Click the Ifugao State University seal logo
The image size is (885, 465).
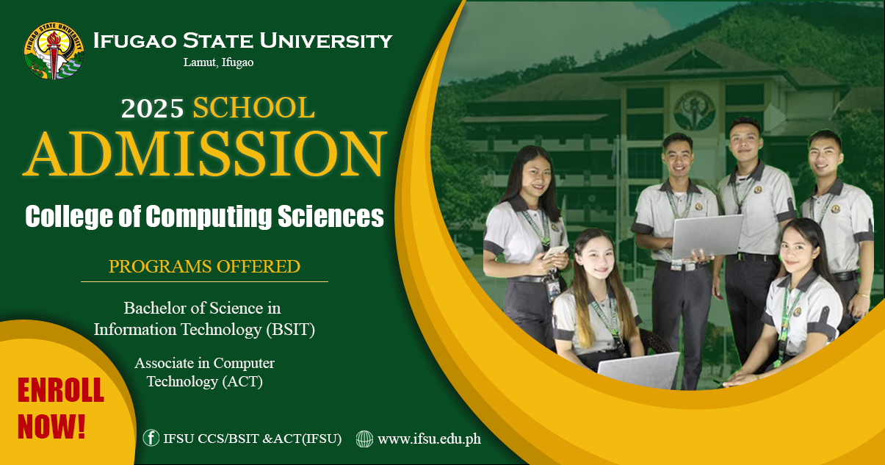coord(54,51)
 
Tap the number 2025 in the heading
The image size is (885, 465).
coord(153,108)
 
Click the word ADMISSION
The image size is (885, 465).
coord(205,154)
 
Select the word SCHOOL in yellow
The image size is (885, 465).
coord(253,107)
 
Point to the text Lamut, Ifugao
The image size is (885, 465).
coord(218,62)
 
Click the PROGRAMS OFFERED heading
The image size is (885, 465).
coord(204,266)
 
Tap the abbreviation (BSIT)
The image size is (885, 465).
coord(290,330)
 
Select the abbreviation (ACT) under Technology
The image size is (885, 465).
coord(242,382)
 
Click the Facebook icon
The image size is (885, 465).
coord(151,438)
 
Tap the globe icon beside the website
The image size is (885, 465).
coord(364,439)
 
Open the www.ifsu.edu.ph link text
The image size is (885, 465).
coord(430,439)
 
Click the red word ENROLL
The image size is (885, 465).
coord(61,390)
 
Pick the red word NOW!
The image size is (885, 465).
coord(51,427)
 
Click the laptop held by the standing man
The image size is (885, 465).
coord(707,236)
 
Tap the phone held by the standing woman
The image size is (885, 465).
coord(555,252)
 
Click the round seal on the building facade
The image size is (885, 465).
coord(694,111)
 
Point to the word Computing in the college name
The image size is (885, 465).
coord(209,217)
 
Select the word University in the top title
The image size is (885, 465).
coord(326,40)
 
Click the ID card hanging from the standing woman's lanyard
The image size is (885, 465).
coord(553,290)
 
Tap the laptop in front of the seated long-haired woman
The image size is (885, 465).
coord(639,371)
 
